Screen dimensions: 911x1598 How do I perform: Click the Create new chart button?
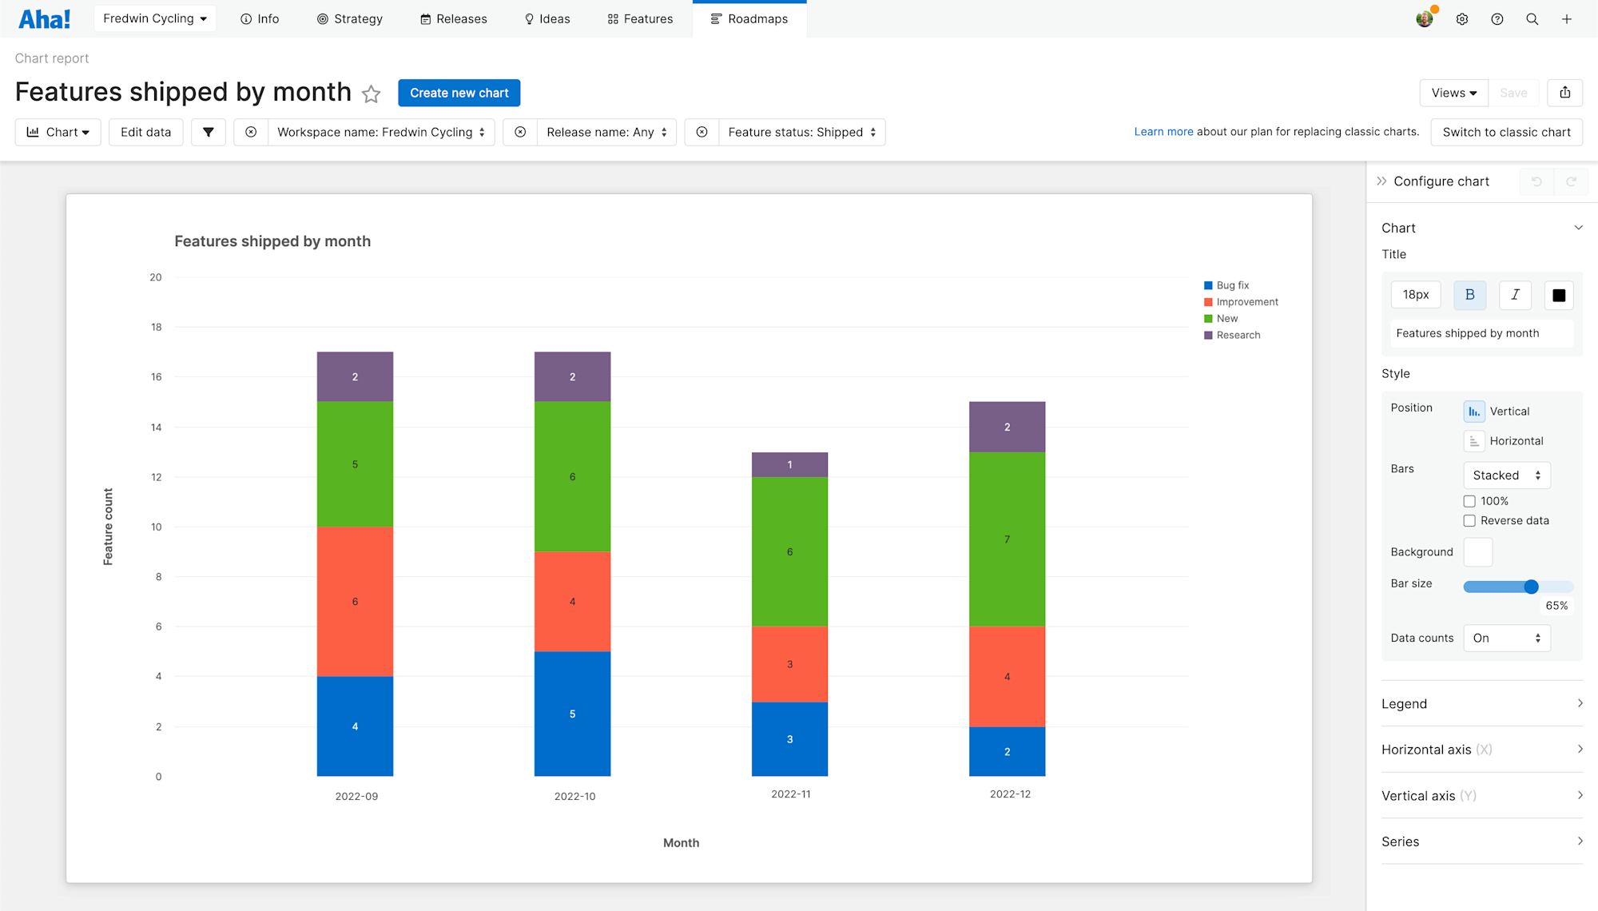(459, 93)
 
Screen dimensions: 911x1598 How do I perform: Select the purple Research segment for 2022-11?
(789, 464)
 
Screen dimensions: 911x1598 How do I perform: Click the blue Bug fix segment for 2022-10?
(572, 714)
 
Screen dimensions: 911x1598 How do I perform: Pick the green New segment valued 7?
(1007, 539)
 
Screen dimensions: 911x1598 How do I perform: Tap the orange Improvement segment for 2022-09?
(355, 601)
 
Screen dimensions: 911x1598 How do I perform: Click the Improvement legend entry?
(1246, 302)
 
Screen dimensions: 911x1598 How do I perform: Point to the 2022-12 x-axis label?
(1010, 794)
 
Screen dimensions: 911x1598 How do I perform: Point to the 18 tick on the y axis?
(156, 327)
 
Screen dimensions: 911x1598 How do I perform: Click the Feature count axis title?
(108, 527)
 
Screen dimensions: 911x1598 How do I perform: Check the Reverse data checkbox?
(1469, 521)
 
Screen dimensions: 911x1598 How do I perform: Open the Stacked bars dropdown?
(1506, 475)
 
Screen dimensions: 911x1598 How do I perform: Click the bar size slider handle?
(1531, 587)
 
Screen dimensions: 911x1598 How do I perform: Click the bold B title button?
(1469, 295)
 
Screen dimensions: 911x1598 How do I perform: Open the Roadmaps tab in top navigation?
(749, 18)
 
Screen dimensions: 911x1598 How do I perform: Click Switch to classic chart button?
(1506, 132)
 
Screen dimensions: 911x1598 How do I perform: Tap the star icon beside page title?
(371, 94)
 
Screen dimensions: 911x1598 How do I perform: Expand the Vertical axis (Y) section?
(1481, 795)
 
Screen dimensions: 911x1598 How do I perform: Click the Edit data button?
(145, 132)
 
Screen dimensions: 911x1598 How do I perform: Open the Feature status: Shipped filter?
(801, 132)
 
